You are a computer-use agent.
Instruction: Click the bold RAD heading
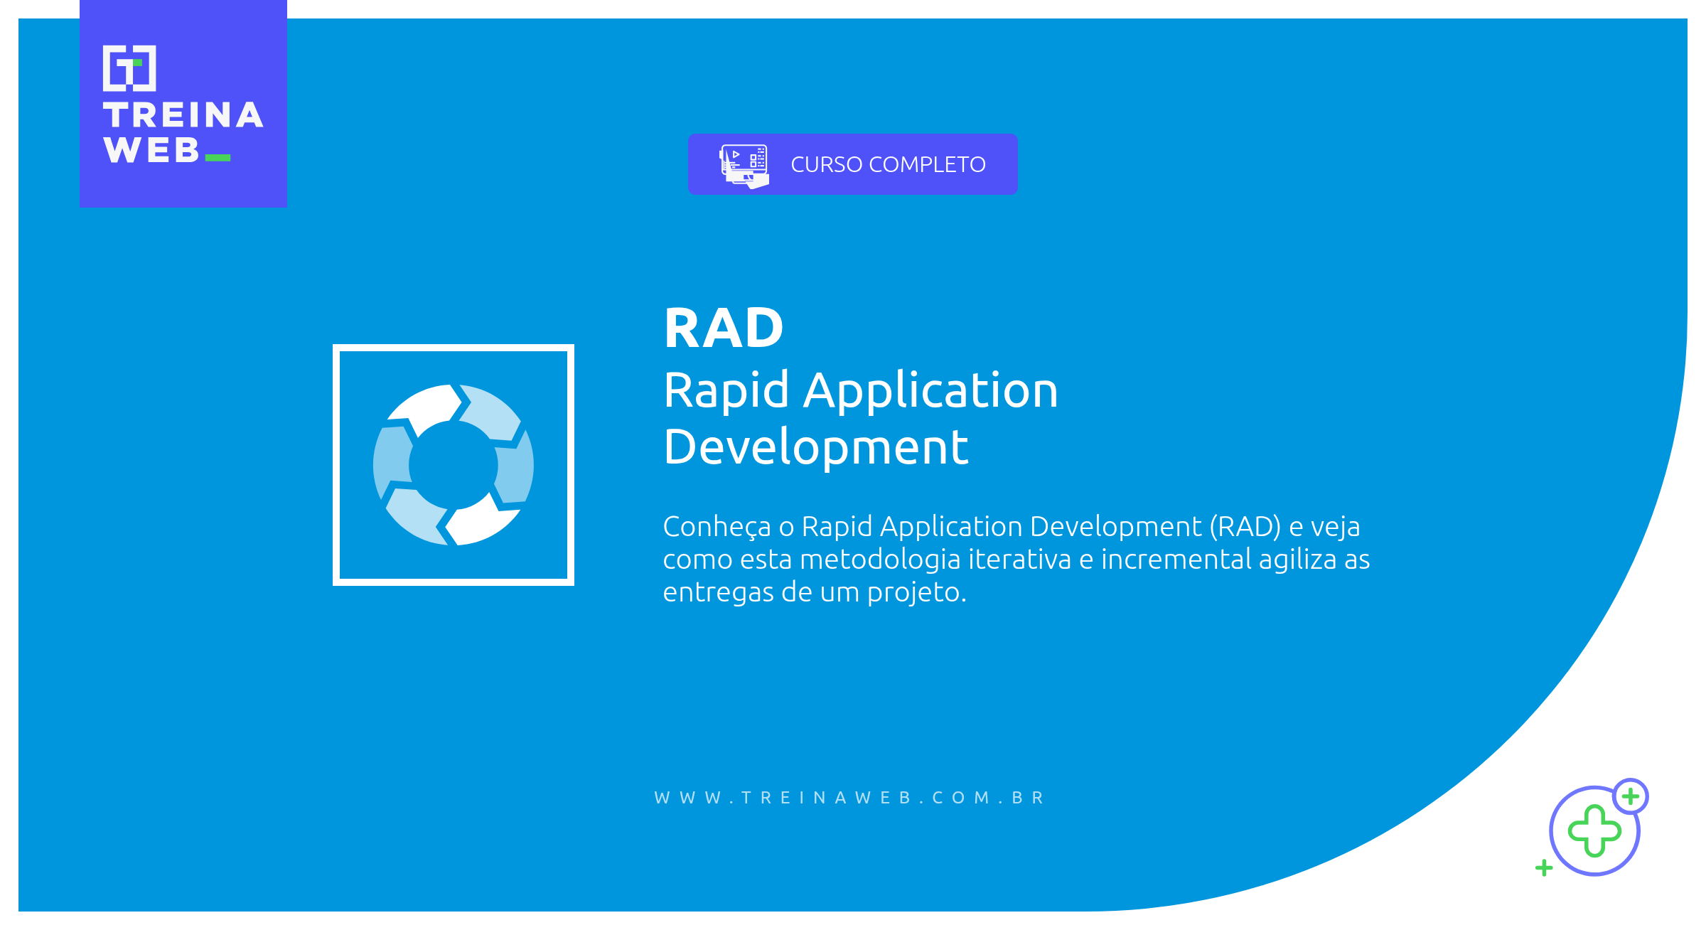point(724,328)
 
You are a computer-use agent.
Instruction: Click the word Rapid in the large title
point(726,391)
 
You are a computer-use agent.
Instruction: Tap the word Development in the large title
point(815,448)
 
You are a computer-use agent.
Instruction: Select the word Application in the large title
point(930,391)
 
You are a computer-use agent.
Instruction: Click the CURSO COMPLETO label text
point(888,165)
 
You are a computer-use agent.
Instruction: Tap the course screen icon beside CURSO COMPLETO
point(744,166)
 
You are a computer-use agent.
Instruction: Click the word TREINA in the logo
point(183,116)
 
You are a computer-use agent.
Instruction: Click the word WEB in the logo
point(151,151)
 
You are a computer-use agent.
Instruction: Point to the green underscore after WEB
point(218,158)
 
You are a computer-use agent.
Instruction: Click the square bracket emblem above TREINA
point(129,68)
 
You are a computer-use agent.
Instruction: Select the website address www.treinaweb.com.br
point(849,798)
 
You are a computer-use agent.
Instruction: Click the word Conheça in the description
point(717,527)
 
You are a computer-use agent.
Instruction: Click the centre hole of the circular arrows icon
point(454,465)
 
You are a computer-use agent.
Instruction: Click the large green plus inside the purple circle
point(1594,830)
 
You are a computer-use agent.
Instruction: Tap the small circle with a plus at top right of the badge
point(1630,796)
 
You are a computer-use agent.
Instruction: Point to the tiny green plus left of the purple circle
point(1543,867)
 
